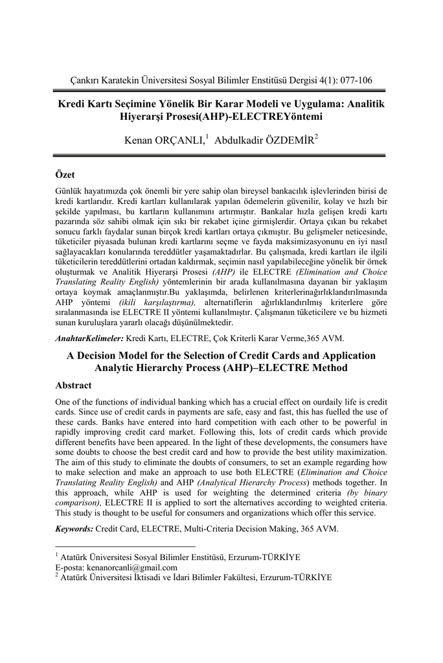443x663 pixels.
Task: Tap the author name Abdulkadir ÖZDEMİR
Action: pyautogui.click(x=264, y=140)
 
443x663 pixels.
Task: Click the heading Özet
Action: pyautogui.click(x=66, y=175)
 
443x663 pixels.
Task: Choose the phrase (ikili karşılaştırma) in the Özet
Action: pyautogui.click(x=157, y=302)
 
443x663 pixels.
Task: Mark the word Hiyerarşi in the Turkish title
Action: pyautogui.click(x=154, y=117)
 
